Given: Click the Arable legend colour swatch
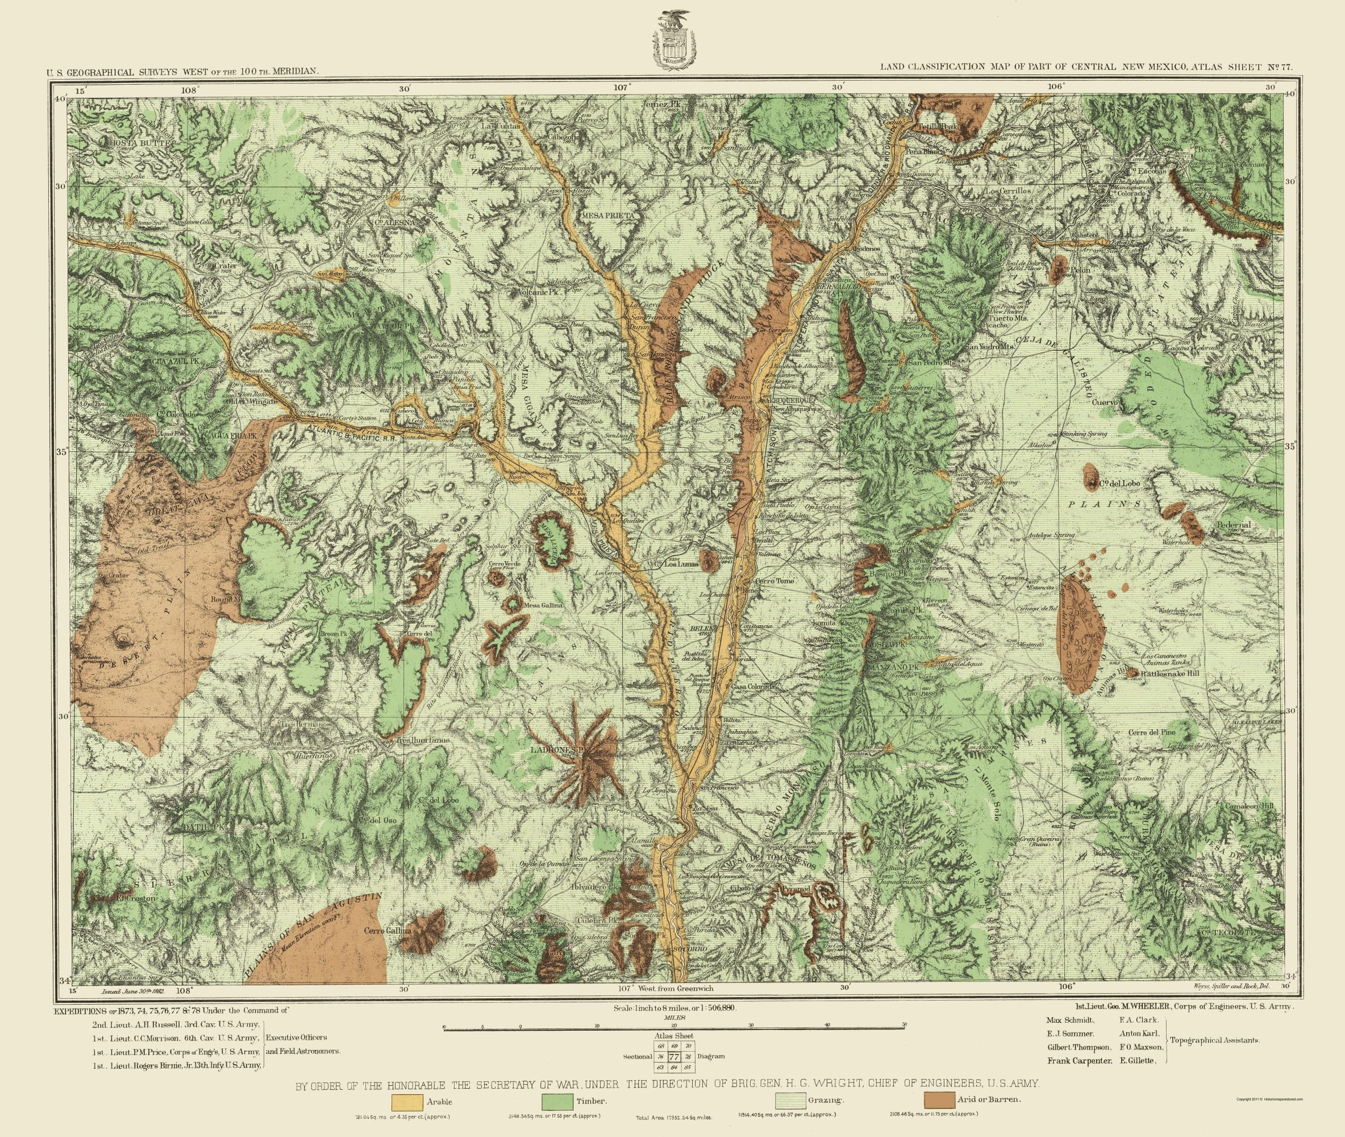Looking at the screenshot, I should (x=404, y=1101).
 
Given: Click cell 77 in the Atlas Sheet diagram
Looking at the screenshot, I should (x=674, y=1057).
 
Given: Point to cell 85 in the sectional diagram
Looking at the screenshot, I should (x=688, y=1068).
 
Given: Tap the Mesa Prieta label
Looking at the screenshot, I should (x=608, y=215).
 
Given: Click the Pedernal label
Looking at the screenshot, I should (x=1234, y=525).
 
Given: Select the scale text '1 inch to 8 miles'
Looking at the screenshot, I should (x=673, y=1007).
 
